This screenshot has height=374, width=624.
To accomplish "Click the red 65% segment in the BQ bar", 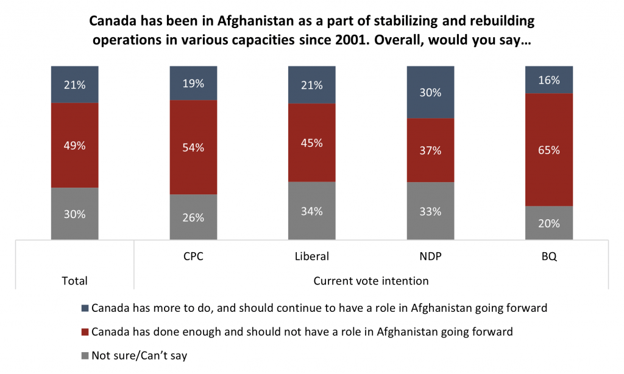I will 549,150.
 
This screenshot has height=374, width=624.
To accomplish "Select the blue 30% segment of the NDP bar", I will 430,92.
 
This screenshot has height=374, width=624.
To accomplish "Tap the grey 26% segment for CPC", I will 193,217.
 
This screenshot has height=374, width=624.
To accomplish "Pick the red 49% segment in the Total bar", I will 75,146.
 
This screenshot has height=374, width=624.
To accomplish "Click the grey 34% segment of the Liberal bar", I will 311,211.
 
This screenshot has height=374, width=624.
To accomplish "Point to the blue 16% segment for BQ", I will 549,80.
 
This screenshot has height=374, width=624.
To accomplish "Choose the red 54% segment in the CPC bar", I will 193,147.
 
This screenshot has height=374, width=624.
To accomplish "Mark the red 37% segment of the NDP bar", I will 430,150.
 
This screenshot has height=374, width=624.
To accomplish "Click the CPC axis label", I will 193,256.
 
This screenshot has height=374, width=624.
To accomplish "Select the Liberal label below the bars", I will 311,256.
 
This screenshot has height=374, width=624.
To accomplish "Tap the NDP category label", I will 430,256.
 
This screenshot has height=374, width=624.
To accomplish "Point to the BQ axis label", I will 549,256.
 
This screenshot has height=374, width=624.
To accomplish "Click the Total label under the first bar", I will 75,281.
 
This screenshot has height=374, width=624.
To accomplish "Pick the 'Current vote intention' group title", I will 370,281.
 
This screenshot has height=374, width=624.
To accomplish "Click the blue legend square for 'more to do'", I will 85,308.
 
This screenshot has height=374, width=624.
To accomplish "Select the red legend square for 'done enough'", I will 85,332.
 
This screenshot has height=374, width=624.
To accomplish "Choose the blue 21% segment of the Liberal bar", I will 311,85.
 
